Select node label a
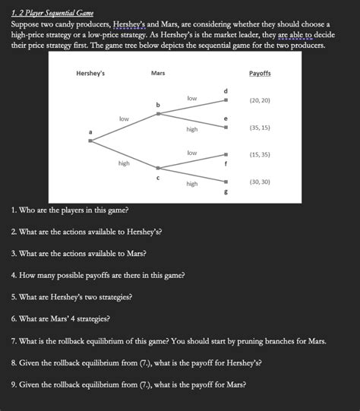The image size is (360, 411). coord(90,132)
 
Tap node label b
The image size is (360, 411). coord(157,103)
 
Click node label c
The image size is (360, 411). coord(157,178)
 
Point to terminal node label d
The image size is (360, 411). coord(226,91)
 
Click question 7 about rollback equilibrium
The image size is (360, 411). coord(169,340)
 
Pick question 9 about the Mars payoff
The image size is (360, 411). coord(128,384)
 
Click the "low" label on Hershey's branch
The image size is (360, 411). coord(124,119)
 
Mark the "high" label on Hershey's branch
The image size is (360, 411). coord(124,163)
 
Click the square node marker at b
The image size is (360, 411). coord(158,114)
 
